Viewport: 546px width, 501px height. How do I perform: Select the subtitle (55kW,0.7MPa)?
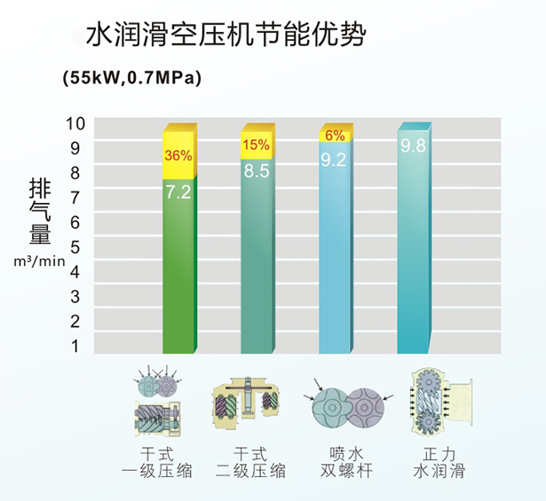(132, 78)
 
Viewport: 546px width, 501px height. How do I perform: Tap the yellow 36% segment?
(178, 153)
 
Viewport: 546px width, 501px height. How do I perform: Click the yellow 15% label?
(256, 144)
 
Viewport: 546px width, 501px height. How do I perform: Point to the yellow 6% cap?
(335, 135)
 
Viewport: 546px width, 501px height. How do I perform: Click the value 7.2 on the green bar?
(178, 191)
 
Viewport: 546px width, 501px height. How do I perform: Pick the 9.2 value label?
(334, 160)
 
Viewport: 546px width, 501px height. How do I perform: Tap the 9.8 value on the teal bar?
(413, 146)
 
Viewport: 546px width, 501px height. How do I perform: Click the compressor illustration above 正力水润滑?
(438, 403)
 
